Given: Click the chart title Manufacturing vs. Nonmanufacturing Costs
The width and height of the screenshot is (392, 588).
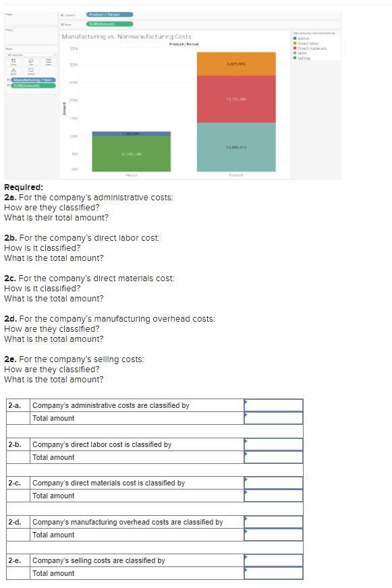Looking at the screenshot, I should click(125, 36).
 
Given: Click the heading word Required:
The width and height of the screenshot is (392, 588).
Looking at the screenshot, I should click(24, 187).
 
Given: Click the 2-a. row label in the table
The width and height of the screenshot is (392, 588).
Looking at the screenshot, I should click(14, 405).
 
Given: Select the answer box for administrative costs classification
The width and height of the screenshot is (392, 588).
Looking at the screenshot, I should click(273, 405).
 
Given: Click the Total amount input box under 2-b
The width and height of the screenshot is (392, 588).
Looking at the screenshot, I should click(273, 457).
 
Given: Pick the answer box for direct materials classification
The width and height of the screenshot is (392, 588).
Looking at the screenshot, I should click(273, 483).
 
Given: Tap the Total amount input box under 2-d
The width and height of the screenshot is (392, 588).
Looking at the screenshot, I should click(273, 535).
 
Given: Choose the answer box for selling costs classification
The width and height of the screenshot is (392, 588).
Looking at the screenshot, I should click(273, 560).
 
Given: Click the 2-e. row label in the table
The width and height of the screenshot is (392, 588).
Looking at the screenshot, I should click(14, 560).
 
